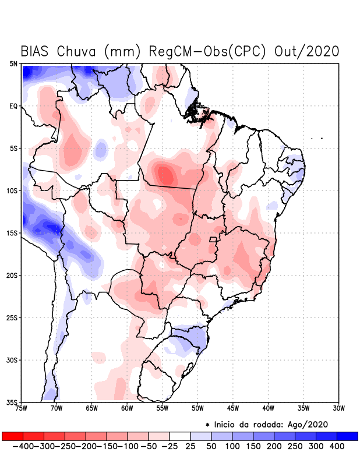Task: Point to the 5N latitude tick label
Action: click(x=13, y=63)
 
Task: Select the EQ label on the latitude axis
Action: click(x=13, y=106)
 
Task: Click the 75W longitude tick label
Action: click(x=22, y=408)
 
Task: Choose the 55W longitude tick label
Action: click(x=163, y=408)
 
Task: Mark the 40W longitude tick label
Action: click(x=269, y=408)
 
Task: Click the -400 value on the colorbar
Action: click(x=24, y=446)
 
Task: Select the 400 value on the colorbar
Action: click(x=337, y=446)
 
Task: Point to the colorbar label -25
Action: click(x=169, y=446)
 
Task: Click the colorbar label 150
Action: click(x=253, y=446)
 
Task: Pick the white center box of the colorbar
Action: click(x=180, y=436)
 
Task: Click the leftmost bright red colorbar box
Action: click(x=13, y=436)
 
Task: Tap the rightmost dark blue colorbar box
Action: click(x=347, y=436)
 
